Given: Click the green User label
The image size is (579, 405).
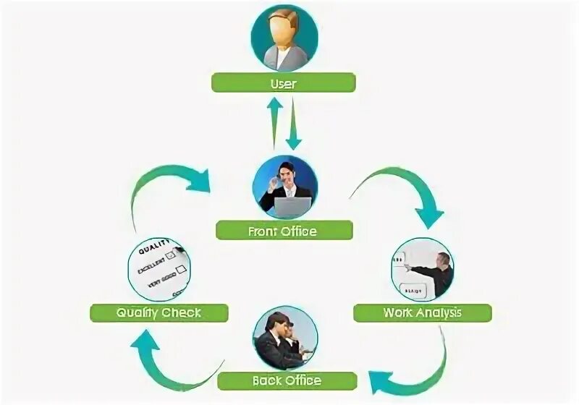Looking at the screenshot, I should (284, 83).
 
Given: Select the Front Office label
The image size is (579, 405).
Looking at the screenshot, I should (284, 231).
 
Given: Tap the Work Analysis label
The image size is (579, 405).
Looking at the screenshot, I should (422, 313).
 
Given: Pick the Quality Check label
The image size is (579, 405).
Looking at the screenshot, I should (159, 313).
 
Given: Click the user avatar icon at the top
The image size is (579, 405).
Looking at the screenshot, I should (284, 38).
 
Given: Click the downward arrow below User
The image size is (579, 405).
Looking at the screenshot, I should (293, 124).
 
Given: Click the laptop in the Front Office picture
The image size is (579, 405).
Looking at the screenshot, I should (292, 207).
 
